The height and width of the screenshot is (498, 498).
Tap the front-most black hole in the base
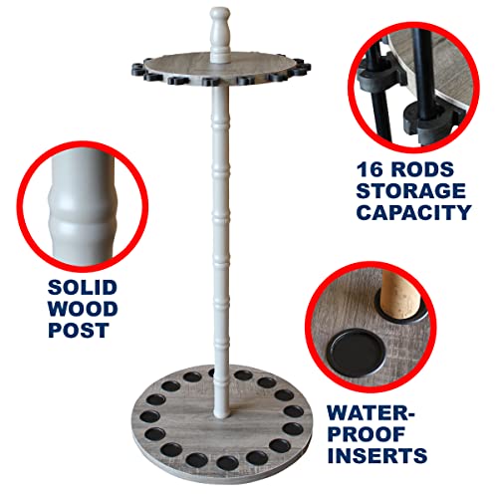[x=227, y=462]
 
